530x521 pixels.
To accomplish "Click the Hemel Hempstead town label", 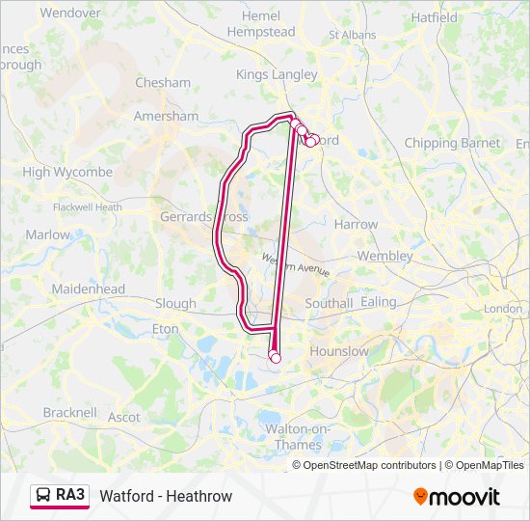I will point(261,24).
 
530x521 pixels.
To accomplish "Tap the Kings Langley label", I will point(277,74).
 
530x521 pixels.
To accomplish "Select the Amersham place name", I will point(166,116).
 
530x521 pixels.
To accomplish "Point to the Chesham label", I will point(163,83).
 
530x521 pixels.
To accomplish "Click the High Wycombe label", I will point(67,172).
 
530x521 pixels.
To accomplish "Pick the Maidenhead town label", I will point(89,288).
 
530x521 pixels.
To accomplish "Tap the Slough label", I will point(175,303).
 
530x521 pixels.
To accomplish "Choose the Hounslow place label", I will point(338,351).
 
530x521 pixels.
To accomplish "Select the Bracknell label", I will point(68,412).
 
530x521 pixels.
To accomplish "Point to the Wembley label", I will point(384,256).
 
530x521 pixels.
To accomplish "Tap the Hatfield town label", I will point(435,17).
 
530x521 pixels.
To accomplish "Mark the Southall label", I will point(330,303).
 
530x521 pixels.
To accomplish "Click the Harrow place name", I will point(356,224).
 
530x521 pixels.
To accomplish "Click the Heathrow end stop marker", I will point(276,358).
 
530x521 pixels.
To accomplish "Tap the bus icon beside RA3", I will point(43,495).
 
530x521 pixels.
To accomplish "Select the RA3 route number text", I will point(70,495).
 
